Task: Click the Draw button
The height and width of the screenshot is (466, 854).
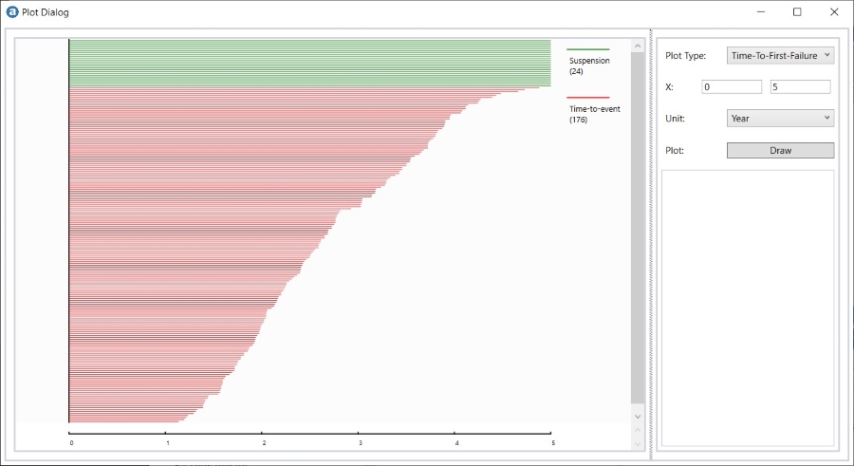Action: [x=780, y=150]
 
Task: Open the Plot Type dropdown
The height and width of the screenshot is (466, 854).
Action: [x=780, y=55]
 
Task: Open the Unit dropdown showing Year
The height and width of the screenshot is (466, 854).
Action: [x=780, y=118]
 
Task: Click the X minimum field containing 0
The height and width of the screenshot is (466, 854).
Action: [x=732, y=86]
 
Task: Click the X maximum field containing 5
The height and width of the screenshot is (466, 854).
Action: [x=800, y=86]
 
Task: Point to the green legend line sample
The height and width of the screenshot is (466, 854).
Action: [x=588, y=49]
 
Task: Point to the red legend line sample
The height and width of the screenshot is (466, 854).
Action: [x=588, y=98]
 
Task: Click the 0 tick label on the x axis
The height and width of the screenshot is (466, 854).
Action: [x=71, y=443]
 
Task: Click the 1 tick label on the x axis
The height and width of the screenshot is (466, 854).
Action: [x=168, y=443]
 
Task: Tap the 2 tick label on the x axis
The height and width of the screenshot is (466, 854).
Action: [x=264, y=443]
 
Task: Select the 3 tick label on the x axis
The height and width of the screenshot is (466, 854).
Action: [x=361, y=443]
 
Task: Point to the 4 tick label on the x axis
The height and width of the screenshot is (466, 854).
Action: [x=456, y=443]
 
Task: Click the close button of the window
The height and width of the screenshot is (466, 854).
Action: [x=834, y=12]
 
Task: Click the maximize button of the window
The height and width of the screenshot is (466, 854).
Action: [x=797, y=12]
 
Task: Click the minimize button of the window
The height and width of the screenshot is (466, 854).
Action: [x=760, y=12]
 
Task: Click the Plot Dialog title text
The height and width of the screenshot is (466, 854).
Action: [x=46, y=13]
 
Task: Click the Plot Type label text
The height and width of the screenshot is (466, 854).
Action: [x=685, y=56]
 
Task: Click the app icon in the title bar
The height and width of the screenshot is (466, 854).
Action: [x=12, y=12]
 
